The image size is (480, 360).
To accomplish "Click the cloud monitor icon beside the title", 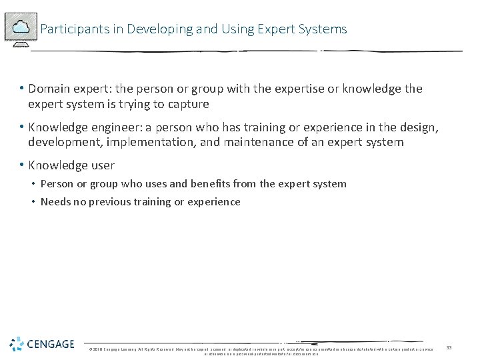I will click(21, 28).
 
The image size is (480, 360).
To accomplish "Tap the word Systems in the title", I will click(324, 29).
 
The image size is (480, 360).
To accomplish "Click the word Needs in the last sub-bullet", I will click(57, 201).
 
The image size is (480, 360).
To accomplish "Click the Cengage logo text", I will click(51, 344).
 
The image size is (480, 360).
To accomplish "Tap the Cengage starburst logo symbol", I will click(17, 344).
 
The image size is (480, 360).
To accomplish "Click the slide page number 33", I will click(449, 347).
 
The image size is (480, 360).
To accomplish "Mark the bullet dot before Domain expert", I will click(22, 89).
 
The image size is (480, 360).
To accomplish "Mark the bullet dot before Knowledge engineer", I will click(22, 127).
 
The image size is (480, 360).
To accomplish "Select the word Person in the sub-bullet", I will click(56, 183).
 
